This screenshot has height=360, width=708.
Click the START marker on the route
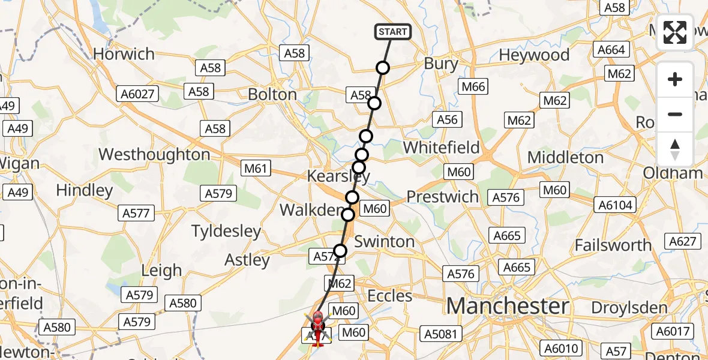pos(393,32)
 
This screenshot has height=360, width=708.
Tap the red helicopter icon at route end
pos(317,327)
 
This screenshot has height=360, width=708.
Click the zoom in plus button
pos(675,79)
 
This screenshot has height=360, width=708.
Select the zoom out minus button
pos(675,114)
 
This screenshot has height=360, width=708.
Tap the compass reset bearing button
pos(675,149)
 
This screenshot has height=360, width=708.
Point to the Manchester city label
pos(507,306)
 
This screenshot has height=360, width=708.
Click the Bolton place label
pos(272,95)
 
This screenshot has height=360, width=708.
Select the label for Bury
pos(441,64)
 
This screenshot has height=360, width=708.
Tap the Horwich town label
pos(124,54)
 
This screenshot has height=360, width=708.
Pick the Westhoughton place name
pos(154,154)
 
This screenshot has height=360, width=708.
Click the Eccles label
pos(389,296)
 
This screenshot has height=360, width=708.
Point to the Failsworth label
pos(613,245)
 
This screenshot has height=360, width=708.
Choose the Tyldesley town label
pos(226,231)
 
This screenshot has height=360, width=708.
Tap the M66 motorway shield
pos(473,87)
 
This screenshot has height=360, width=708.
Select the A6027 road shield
pos(137,94)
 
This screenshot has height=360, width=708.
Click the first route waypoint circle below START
pos(383,68)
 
